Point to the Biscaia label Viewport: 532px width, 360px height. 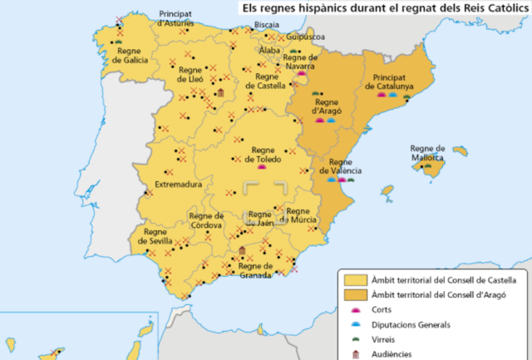(x=267, y=25)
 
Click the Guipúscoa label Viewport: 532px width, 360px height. (x=307, y=37)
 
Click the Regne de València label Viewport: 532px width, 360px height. (x=345, y=166)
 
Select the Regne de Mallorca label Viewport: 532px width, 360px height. (x=427, y=151)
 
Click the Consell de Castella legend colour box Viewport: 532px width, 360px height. (x=356, y=279)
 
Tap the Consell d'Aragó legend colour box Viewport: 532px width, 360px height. (x=356, y=294)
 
